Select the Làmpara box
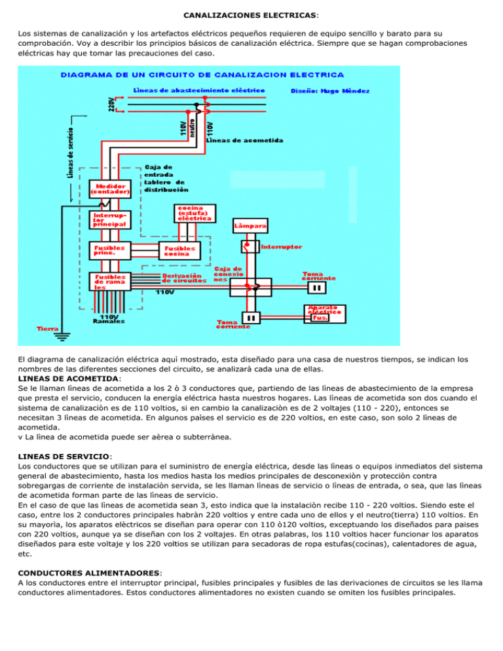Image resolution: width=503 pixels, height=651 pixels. pos(250,226)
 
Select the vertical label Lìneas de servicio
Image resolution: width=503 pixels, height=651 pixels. pos(71,151)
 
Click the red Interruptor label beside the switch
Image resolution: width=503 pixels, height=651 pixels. pos(282,248)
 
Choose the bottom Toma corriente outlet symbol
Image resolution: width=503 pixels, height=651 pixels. pos(251,318)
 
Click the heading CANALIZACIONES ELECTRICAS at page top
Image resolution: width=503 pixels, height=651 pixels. pos(251,13)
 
